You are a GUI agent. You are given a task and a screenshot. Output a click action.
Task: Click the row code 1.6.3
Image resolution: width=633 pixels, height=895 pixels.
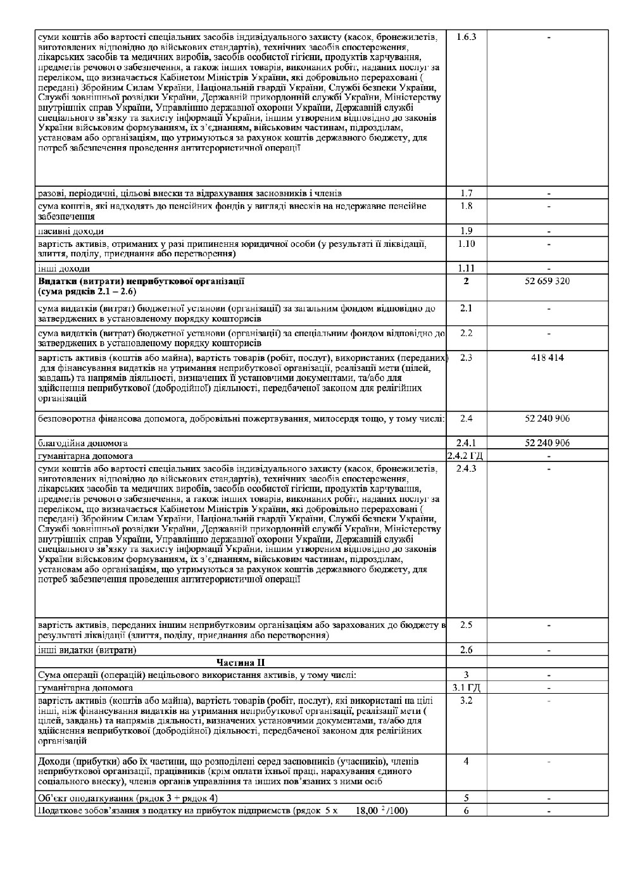(x=466, y=37)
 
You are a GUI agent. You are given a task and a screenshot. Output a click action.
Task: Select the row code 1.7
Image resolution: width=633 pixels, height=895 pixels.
(x=466, y=193)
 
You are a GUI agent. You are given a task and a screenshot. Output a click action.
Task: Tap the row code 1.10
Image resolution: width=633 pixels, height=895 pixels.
(x=466, y=244)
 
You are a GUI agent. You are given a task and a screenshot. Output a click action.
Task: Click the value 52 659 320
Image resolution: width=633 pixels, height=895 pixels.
(x=548, y=281)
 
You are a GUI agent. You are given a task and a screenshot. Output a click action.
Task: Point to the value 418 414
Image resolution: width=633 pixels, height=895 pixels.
(x=548, y=358)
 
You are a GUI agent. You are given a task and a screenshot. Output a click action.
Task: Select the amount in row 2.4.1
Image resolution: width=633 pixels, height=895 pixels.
(x=548, y=443)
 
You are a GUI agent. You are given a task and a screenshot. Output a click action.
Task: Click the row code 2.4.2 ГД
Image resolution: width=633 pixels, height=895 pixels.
(x=466, y=456)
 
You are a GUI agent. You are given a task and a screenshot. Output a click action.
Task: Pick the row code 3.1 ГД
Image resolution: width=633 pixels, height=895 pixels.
(x=466, y=687)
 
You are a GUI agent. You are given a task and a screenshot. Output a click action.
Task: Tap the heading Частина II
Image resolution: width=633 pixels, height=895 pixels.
(x=241, y=663)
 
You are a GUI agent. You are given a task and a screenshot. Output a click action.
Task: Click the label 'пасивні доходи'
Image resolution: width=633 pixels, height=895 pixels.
(x=71, y=232)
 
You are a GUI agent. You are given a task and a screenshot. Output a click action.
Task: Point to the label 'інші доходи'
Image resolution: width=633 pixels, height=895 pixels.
(x=64, y=268)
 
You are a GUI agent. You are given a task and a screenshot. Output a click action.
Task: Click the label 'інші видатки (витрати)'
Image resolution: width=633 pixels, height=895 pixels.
(x=87, y=650)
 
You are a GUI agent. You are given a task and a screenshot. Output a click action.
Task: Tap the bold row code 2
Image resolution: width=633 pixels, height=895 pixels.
(x=466, y=281)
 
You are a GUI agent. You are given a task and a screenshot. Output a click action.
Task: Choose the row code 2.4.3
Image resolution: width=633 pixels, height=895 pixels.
(x=466, y=468)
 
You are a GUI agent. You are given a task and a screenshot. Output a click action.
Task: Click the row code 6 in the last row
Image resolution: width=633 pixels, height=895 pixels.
(x=466, y=811)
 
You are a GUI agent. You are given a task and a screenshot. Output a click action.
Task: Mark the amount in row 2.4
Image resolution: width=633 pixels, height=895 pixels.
(x=548, y=418)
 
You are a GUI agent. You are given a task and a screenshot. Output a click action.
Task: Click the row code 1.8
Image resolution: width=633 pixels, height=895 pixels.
(x=466, y=206)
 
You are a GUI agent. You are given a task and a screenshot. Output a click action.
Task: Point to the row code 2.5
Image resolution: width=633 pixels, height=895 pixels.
(x=466, y=625)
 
